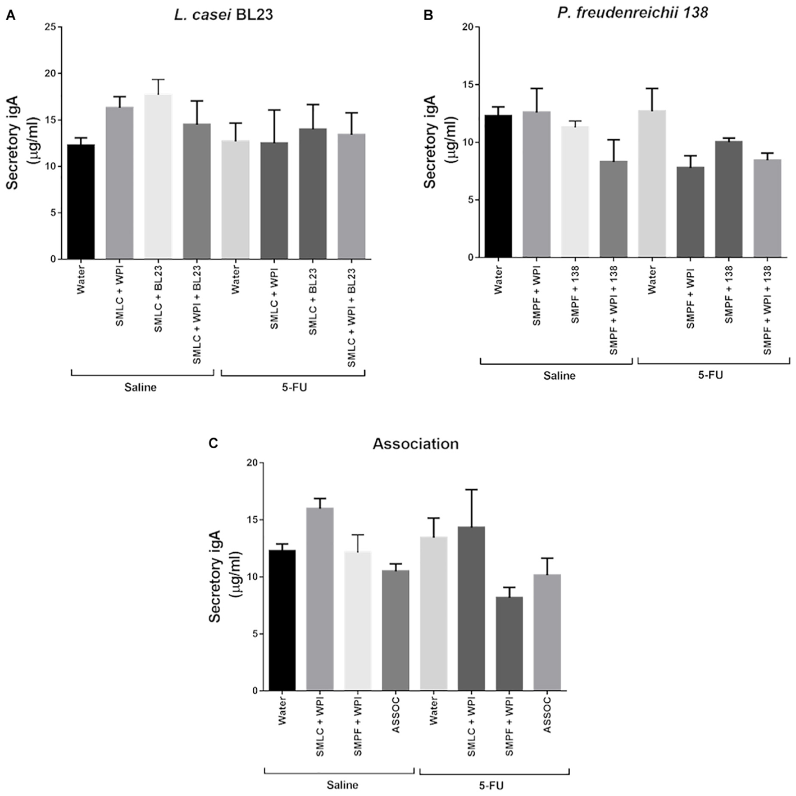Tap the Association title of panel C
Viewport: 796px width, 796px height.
(416, 444)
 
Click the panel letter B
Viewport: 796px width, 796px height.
(428, 16)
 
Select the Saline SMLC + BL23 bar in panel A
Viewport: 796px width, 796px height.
(158, 177)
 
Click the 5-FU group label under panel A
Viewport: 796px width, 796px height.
(293, 387)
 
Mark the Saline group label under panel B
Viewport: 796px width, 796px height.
(559, 376)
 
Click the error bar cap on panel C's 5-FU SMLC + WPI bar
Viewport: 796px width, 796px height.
(471, 490)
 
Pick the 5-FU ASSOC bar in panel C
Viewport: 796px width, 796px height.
(547, 633)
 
